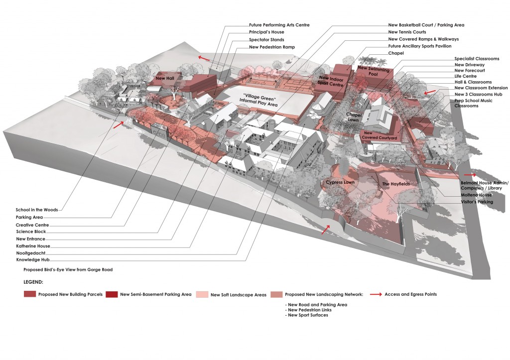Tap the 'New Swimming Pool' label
pos(369,71)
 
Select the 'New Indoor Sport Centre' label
pos(331,82)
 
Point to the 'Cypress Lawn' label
pos(340,183)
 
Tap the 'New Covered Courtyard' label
pos(380,135)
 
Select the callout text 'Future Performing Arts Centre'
pos(279,25)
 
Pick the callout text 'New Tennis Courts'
pos(407,32)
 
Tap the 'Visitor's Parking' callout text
pos(477,202)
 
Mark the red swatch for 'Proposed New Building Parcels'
pos(30,294)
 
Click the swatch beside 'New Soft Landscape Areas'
pos(202,294)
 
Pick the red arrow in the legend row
pos(377,294)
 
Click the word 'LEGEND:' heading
pos(35,282)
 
